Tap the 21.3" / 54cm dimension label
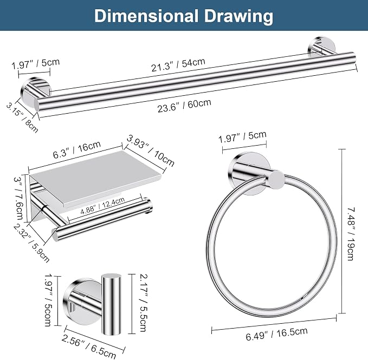pyautogui.click(x=178, y=64)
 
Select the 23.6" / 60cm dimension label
pyautogui.click(x=184, y=106)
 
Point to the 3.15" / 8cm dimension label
pyautogui.click(x=22, y=117)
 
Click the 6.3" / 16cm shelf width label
pyautogui.click(x=77, y=149)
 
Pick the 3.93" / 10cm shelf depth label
pyautogui.click(x=150, y=150)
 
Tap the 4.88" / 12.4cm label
pyautogui.click(x=102, y=206)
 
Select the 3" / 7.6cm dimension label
pyautogui.click(x=19, y=198)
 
